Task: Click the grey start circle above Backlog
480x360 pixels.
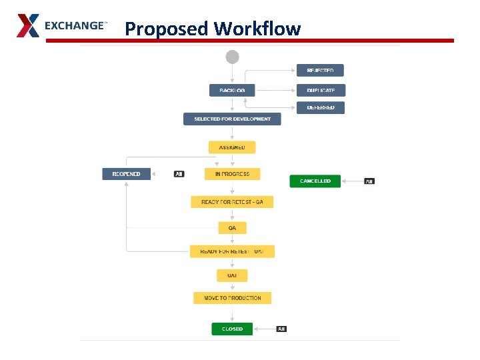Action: pyautogui.click(x=232, y=57)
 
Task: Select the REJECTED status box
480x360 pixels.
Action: pyautogui.click(x=320, y=71)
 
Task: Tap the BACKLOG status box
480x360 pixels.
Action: pyautogui.click(x=232, y=90)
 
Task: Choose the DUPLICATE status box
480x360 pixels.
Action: pyautogui.click(x=321, y=90)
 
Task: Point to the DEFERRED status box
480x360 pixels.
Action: pyautogui.click(x=321, y=107)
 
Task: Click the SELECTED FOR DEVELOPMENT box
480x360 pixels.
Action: pyautogui.click(x=232, y=119)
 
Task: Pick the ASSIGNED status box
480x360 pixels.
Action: pyautogui.click(x=232, y=147)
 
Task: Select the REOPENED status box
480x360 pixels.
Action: pyautogui.click(x=127, y=174)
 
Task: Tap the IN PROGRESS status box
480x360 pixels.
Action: pyautogui.click(x=232, y=174)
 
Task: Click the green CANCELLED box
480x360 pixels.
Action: pyautogui.click(x=315, y=181)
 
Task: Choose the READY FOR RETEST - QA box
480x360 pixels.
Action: pyautogui.click(x=232, y=201)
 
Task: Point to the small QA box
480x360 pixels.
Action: pyautogui.click(x=232, y=228)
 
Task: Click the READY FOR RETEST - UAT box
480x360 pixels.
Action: pyautogui.click(x=232, y=251)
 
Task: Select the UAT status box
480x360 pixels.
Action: pyautogui.click(x=232, y=275)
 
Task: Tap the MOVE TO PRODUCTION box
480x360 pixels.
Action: pyautogui.click(x=232, y=298)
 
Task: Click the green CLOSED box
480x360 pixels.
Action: pyautogui.click(x=232, y=329)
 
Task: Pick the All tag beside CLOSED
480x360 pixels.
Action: pyautogui.click(x=281, y=329)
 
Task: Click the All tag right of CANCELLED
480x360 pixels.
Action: pyautogui.click(x=370, y=181)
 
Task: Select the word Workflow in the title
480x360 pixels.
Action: pyautogui.click(x=257, y=29)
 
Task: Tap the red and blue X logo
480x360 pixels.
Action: pyautogui.click(x=28, y=25)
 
